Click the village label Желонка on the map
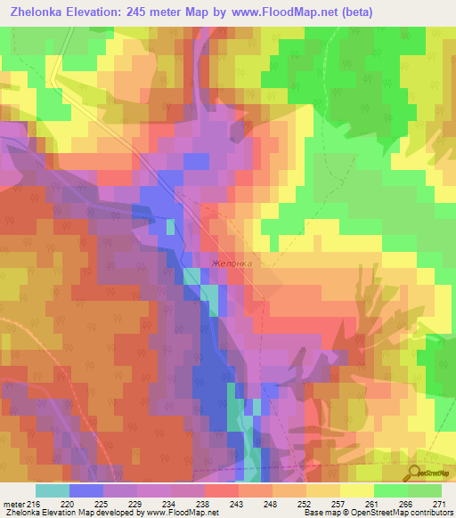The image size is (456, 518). click(x=233, y=263)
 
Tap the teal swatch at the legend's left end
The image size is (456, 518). click(x=52, y=490)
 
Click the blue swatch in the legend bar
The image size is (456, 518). click(x=85, y=490)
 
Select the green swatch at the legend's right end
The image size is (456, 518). click(x=425, y=490)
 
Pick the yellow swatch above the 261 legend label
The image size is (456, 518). click(x=356, y=490)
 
